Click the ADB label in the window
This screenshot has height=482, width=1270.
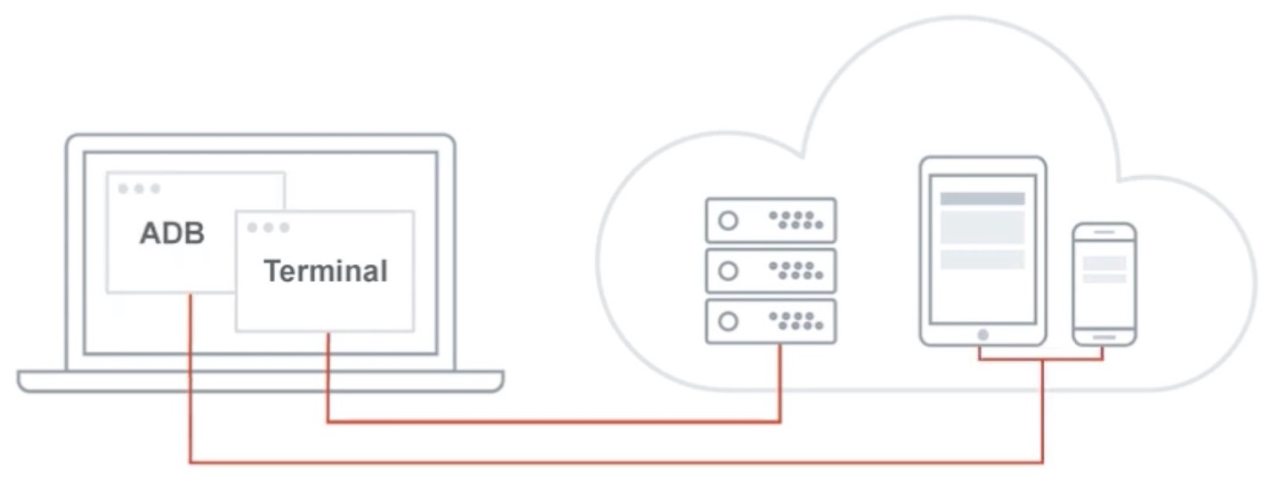172,233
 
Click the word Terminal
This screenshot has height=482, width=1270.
326,270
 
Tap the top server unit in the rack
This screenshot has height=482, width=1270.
771,221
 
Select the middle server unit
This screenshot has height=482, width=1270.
771,271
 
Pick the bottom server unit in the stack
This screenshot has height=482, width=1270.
771,321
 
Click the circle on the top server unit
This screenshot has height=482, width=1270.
728,221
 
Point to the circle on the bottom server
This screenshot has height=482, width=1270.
728,321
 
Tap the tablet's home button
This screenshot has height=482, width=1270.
983,334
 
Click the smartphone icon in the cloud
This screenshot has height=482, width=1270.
1104,283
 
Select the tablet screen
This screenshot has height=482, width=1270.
983,249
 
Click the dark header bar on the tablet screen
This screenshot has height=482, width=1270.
983,199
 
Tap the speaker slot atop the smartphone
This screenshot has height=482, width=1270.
1104,232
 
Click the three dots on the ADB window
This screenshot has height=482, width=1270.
139,189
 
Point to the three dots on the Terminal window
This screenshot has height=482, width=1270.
268,228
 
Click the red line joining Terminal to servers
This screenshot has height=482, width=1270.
552,422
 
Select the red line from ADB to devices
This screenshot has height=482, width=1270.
614,462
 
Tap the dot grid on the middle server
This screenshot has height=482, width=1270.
796,271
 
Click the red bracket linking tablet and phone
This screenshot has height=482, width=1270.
1042,359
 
